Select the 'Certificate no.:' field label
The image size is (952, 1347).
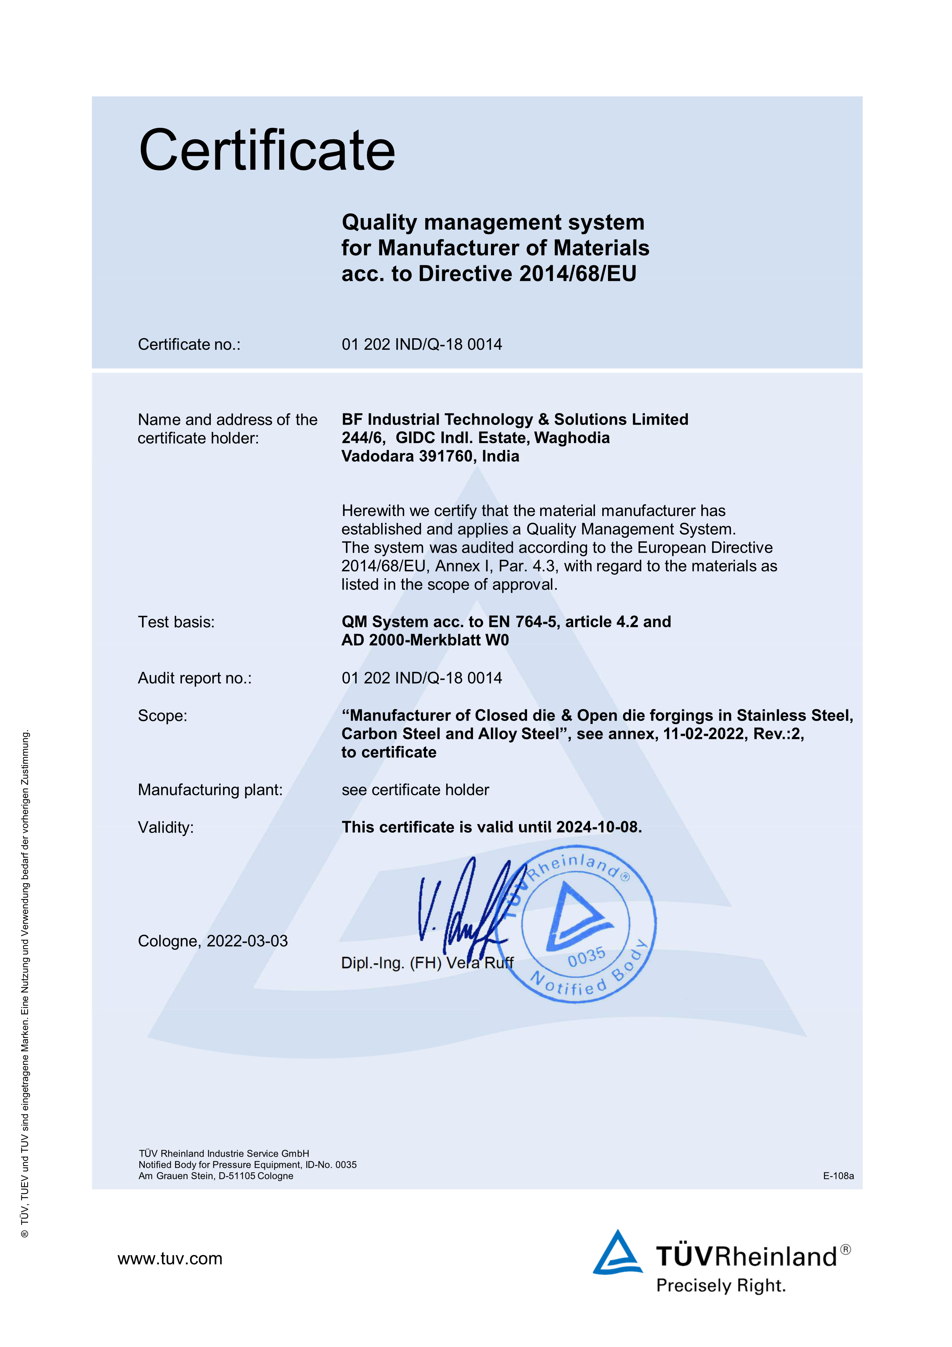189,344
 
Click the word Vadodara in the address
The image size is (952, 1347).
377,456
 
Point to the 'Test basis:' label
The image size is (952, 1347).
176,622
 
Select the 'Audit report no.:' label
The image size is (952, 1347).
194,678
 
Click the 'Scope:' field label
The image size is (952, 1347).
162,716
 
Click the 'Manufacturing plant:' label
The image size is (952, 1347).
210,790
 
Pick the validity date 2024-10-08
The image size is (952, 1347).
597,827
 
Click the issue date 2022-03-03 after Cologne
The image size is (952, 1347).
247,941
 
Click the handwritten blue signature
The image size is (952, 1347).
463,906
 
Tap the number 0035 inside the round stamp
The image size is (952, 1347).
586,957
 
